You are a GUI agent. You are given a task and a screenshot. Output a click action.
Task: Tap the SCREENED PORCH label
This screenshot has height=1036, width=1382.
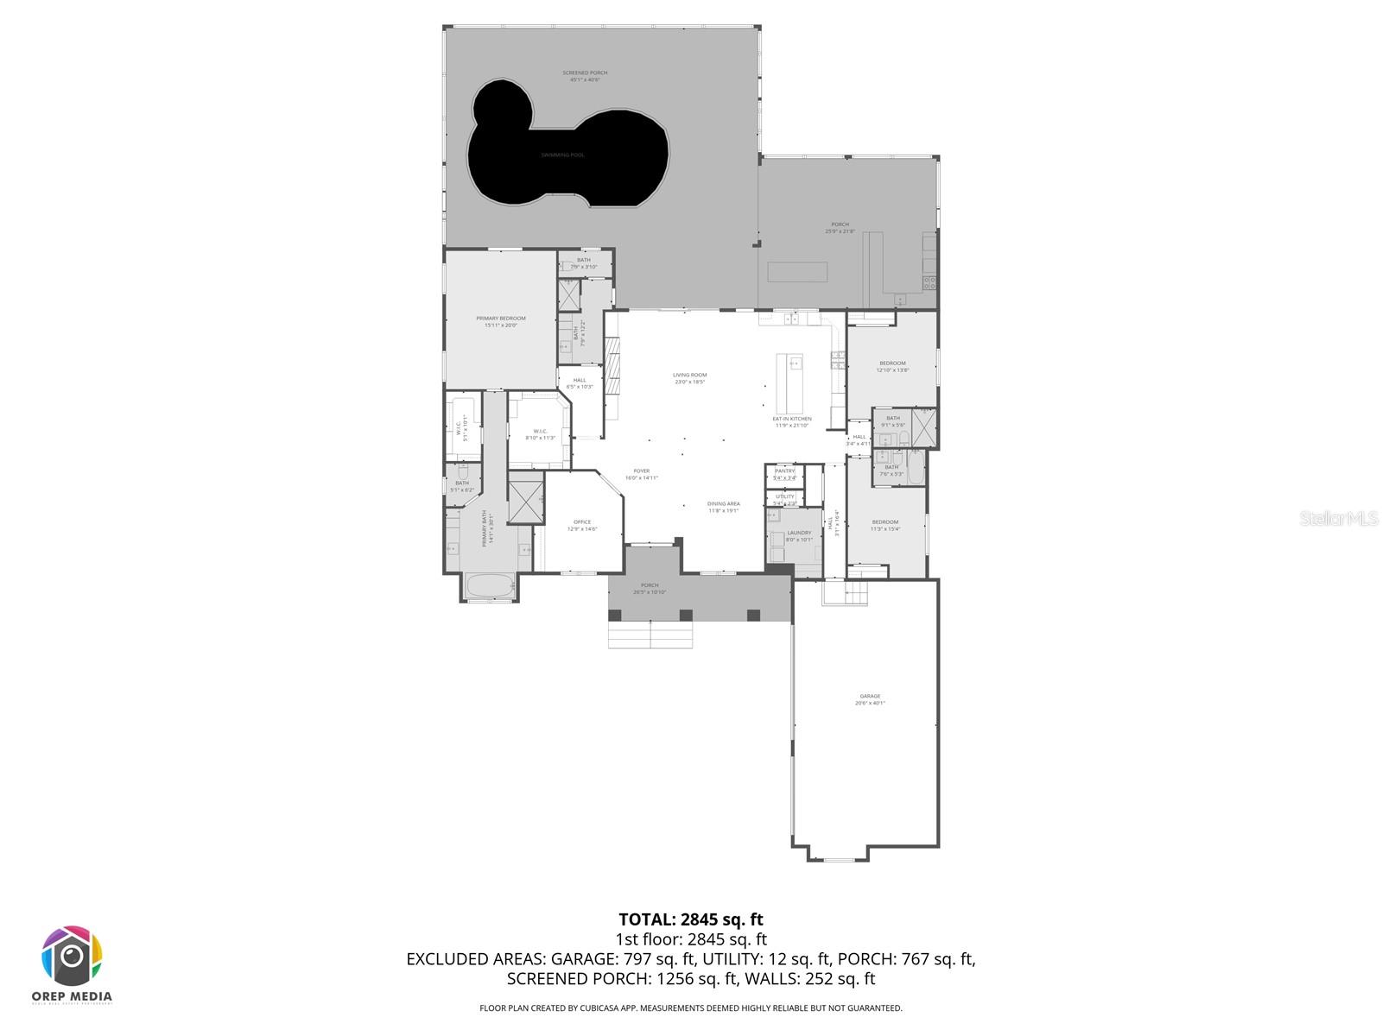point(585,73)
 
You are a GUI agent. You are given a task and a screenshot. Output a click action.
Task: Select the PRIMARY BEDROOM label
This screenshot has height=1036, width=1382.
point(500,319)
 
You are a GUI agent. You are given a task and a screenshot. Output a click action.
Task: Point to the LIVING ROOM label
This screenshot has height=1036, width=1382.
point(689,375)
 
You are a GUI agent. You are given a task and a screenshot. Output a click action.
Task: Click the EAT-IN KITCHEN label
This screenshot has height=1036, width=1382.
point(791,419)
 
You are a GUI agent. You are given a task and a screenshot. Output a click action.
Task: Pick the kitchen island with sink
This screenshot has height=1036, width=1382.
point(789,384)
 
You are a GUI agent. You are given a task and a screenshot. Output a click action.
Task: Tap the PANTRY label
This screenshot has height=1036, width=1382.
point(784,471)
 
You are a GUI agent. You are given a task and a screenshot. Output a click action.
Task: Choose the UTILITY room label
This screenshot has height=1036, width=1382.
point(784,496)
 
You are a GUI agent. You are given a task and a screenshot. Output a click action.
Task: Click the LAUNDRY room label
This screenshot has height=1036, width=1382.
point(798,533)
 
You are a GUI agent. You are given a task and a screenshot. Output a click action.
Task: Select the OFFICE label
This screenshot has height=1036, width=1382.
point(582,521)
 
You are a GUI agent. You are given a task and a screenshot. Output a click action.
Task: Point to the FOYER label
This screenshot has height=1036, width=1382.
point(641,471)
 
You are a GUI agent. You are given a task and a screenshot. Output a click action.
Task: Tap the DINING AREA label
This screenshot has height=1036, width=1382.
point(723,503)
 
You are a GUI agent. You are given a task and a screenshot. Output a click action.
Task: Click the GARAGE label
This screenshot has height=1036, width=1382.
point(869,696)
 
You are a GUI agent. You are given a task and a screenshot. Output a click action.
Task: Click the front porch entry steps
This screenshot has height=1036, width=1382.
point(650,635)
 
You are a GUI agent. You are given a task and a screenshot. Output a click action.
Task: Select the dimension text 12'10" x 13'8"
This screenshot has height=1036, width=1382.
point(892,370)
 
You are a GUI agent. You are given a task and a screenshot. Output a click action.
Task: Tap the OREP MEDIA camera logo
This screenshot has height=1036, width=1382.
point(73,957)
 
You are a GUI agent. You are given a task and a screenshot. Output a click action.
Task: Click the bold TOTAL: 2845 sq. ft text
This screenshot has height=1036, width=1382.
point(691,919)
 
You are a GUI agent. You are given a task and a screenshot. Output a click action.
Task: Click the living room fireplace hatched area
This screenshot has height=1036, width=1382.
point(612,366)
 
